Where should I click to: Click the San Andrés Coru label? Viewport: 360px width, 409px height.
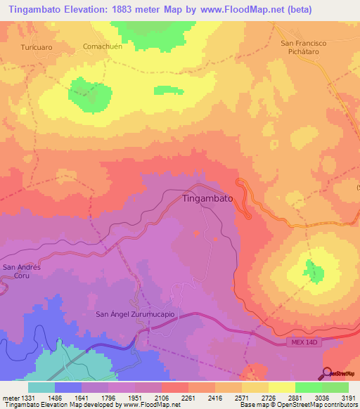[22, 271]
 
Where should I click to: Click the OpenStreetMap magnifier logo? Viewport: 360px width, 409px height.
[328, 373]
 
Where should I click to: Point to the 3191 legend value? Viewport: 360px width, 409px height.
[348, 398]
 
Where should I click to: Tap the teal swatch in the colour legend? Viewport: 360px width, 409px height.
[41, 387]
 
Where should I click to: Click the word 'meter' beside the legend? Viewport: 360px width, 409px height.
[9, 398]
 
